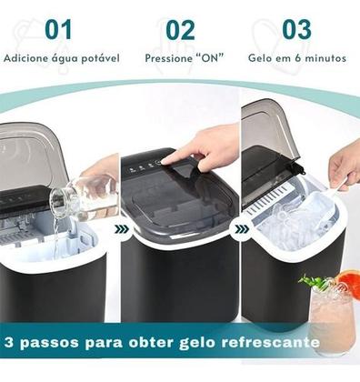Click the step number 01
[58, 29]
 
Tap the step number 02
[180, 30]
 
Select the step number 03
[296, 29]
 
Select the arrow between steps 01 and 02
[122, 229]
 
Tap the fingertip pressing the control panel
[166, 161]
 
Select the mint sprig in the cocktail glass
[312, 282]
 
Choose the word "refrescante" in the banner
[270, 342]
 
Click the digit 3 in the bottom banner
[9, 342]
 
